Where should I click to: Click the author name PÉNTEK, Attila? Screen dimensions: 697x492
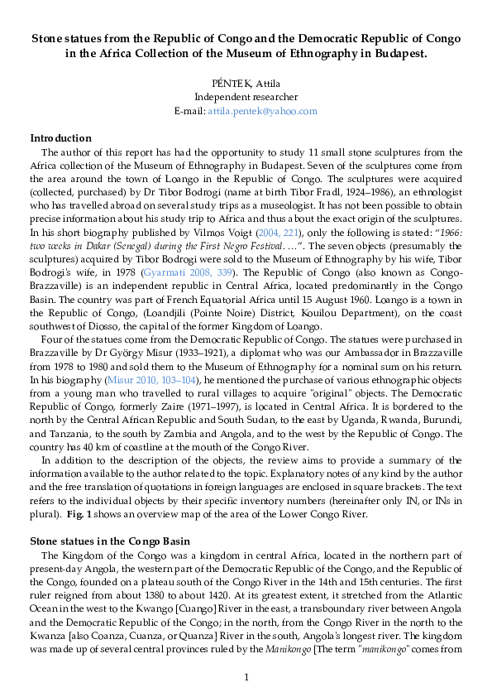[246, 84]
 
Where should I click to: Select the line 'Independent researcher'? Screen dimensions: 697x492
[246, 97]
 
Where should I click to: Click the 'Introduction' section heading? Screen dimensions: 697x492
[60, 138]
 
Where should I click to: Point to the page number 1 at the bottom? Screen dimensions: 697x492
[246, 679]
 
